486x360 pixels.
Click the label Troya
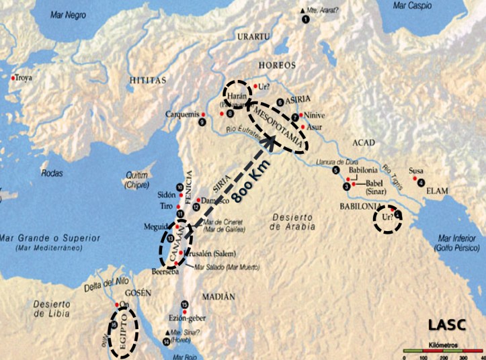[x=24, y=78]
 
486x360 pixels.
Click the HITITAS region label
[x=147, y=80]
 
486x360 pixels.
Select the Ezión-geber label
[x=189, y=318]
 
